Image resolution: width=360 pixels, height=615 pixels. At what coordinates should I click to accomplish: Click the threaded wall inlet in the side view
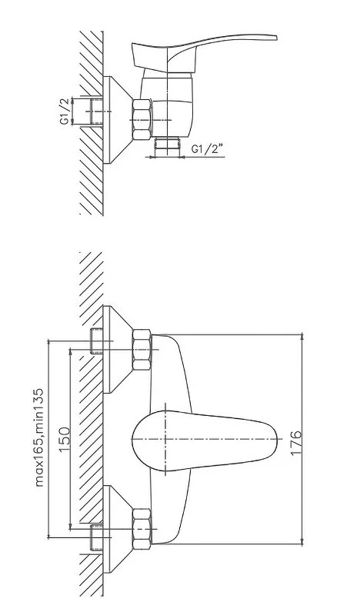95,111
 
